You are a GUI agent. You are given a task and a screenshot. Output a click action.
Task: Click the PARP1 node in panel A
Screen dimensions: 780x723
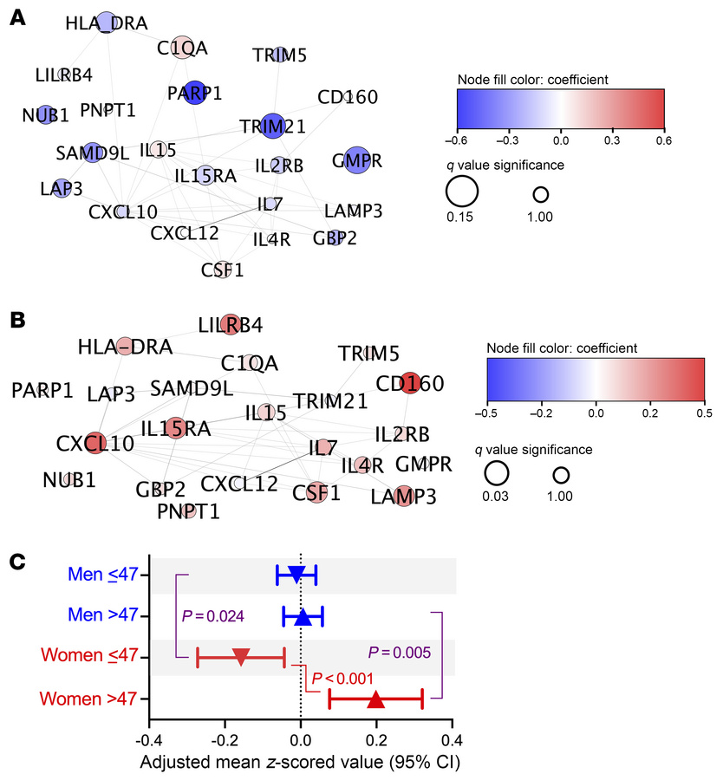click(193, 94)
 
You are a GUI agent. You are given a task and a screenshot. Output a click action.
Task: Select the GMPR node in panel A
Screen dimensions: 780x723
click(356, 160)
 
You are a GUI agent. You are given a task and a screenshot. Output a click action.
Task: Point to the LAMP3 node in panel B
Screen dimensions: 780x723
click(403, 496)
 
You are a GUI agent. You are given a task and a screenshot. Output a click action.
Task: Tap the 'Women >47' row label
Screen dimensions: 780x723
click(101, 699)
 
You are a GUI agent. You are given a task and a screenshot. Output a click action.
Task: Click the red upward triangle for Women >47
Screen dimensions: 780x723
click(375, 699)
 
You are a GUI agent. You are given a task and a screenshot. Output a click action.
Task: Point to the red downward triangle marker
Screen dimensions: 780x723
click(241, 657)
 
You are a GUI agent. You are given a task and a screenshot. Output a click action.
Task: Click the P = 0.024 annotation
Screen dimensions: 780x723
click(213, 616)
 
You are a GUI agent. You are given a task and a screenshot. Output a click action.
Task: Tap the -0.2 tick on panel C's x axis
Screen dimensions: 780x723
click(225, 742)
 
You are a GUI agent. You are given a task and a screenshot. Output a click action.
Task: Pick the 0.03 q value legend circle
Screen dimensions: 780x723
click(496, 473)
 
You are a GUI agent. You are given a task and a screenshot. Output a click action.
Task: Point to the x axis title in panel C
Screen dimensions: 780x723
click(300, 764)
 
